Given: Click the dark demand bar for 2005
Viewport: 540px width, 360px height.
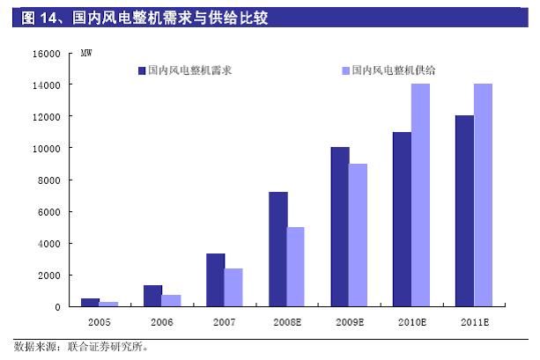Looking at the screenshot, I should pos(90,303).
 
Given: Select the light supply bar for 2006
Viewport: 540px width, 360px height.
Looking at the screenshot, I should pos(171,300).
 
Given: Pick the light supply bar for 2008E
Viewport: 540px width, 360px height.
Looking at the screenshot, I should pos(296,267).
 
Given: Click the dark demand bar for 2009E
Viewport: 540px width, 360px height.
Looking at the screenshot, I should pos(340,227).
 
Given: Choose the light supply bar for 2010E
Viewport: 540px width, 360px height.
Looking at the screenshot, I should pos(420,195).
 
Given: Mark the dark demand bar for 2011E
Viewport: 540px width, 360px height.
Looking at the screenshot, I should pos(463,211).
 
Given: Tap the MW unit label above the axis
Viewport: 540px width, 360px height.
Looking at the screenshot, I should pos(86,54).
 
